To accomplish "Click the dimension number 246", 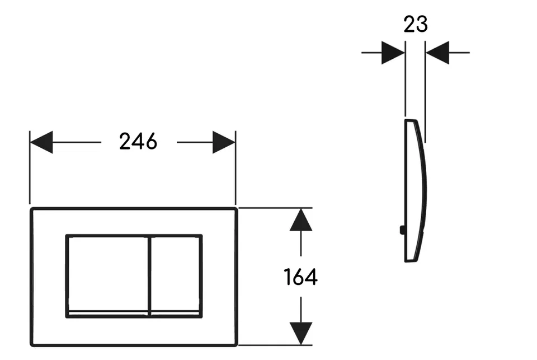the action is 138,141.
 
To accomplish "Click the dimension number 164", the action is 301,277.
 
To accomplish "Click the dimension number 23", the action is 416,24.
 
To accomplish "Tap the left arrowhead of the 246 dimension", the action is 41,142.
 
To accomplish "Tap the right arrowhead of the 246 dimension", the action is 224,142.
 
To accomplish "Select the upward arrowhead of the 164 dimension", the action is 301,220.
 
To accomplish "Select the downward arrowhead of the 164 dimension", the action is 301,333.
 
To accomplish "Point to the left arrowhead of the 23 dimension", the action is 393,53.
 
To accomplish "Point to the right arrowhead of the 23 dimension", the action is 437,53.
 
